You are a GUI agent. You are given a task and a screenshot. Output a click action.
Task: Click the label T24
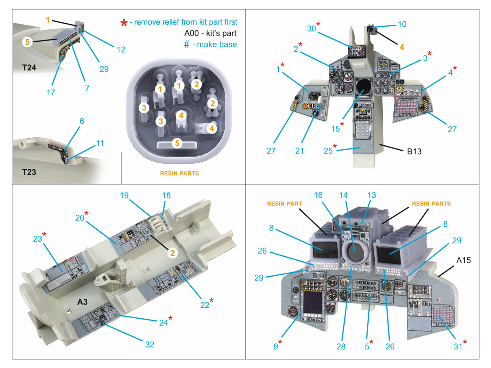click(29, 67)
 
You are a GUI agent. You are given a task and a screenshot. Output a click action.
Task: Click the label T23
click(29, 172)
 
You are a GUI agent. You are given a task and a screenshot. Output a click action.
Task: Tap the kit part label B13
click(414, 151)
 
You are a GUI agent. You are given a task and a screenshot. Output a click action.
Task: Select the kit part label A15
click(463, 260)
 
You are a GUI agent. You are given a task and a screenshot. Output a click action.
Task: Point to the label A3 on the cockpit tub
click(82, 302)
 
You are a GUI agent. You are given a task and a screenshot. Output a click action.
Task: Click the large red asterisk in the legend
click(124, 23)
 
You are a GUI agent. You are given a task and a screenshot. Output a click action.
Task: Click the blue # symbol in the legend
click(186, 45)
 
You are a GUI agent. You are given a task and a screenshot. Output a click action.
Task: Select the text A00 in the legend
click(192, 33)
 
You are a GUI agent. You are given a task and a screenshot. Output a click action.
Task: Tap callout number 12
click(121, 50)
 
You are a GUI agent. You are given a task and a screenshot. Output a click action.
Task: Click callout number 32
click(149, 344)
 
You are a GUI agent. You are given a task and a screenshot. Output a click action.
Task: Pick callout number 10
click(402, 24)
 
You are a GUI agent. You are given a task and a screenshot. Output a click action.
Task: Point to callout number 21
click(299, 151)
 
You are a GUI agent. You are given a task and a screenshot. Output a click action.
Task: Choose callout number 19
click(124, 195)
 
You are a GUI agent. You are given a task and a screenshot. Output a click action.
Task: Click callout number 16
click(318, 195)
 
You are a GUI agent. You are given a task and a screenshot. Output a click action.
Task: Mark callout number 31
click(458, 347)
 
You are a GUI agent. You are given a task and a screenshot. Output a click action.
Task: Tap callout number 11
click(100, 143)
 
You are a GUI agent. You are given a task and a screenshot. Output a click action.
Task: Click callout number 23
click(37, 239)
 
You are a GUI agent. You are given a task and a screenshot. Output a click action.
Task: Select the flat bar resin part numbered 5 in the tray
click(177, 144)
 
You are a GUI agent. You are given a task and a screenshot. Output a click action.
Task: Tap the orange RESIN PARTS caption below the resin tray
click(179, 173)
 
